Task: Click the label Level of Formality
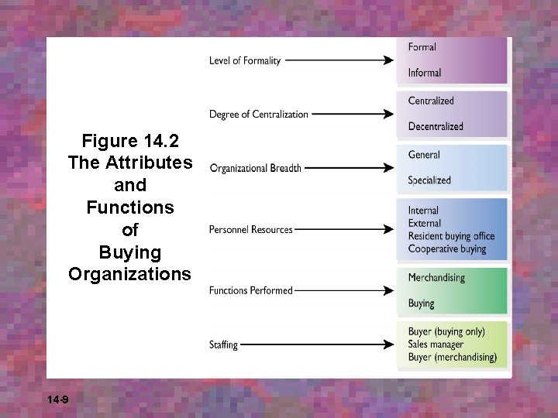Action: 245,61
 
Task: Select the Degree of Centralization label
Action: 258,115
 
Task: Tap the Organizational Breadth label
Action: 255,168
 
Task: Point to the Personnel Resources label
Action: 250,230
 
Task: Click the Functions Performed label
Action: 250,291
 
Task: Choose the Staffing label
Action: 223,344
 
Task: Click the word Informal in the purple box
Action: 424,73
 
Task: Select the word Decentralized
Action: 436,126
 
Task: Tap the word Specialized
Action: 429,180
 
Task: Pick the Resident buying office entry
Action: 451,236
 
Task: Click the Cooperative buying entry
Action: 447,249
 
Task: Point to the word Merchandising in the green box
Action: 436,278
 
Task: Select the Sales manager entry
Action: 436,344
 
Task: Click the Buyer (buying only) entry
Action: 446,332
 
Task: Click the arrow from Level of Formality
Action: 341,60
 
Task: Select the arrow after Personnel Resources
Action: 346,229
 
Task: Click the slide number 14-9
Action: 57,399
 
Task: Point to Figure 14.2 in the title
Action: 129,141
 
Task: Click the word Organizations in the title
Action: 129,274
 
